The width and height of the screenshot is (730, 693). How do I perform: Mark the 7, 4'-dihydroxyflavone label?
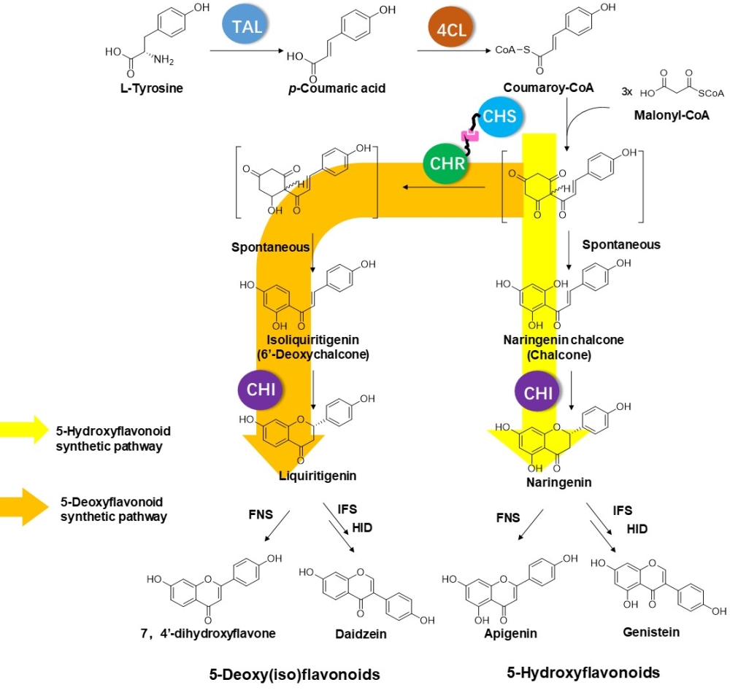tap(210, 632)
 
